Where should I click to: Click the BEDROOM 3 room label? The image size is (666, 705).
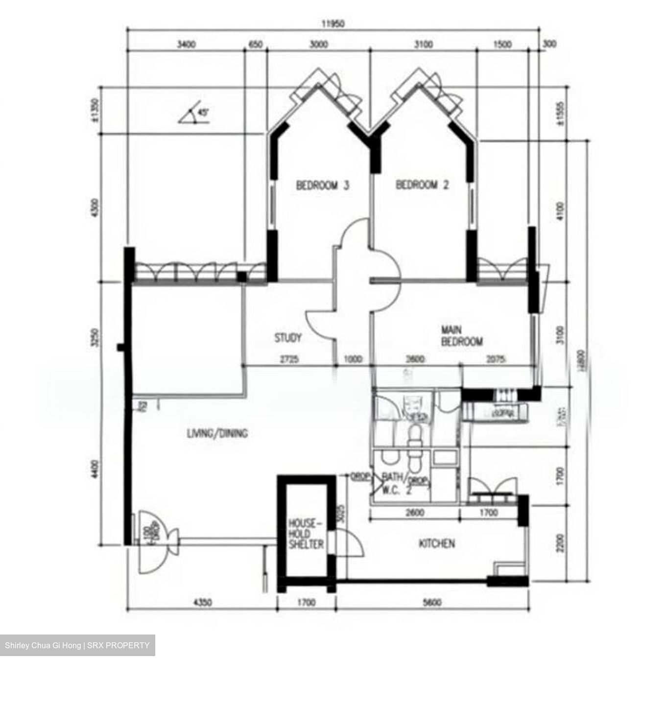click(x=323, y=186)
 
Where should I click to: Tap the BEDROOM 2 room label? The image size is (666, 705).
click(x=422, y=185)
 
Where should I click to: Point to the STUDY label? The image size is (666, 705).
click(x=288, y=338)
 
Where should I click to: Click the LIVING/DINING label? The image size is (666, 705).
click(x=217, y=433)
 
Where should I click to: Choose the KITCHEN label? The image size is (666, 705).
click(x=437, y=543)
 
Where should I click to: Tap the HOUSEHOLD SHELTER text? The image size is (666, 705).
click(x=306, y=534)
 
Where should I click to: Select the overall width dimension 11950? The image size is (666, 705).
click(x=333, y=23)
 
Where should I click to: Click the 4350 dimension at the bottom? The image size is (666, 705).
click(x=203, y=602)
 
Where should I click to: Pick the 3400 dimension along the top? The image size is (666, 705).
click(x=186, y=45)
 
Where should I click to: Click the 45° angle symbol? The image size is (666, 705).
click(x=194, y=114)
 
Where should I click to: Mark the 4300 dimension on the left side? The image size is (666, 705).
click(x=95, y=208)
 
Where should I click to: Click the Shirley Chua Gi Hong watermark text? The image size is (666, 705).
click(x=43, y=645)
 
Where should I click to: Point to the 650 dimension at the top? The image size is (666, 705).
click(x=256, y=45)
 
